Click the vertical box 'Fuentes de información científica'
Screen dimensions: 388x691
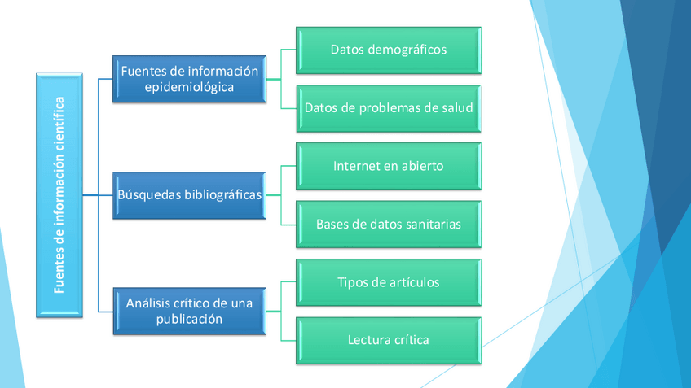pos(59,194)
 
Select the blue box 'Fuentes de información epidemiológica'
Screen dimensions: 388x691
pos(189,79)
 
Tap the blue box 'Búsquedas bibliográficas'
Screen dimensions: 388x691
pos(189,195)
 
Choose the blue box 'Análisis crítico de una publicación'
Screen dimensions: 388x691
pos(189,311)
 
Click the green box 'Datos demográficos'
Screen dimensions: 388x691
pos(388,50)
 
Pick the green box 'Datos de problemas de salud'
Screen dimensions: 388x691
pos(388,107)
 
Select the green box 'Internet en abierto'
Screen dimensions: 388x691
pos(388,166)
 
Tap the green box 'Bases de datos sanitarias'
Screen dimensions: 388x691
pos(388,224)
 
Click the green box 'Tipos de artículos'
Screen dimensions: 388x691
pos(388,282)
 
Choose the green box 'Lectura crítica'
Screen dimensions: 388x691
pos(388,340)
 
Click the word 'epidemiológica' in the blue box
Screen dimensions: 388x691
pos(189,87)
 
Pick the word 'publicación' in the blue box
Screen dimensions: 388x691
pos(189,320)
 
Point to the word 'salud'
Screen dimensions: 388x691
pos(456,107)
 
